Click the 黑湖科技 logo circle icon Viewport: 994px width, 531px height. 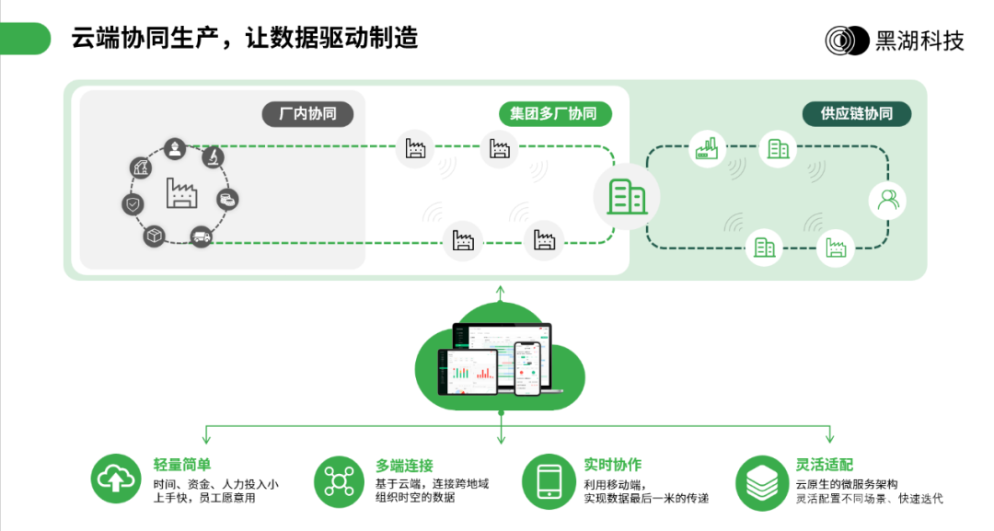tap(846, 40)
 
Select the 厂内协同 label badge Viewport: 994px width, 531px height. tap(308, 114)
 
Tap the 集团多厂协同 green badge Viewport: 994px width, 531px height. tap(553, 114)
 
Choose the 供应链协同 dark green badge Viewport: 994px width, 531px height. tap(856, 114)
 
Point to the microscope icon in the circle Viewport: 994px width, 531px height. tap(213, 157)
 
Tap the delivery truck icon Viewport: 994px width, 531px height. tap(201, 237)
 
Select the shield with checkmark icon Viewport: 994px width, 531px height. tap(133, 204)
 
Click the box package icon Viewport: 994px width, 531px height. tap(154, 236)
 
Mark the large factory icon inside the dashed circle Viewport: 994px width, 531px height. tap(180, 192)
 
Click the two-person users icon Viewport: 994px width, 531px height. tap(887, 200)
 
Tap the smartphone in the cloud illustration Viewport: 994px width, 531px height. tap(526, 368)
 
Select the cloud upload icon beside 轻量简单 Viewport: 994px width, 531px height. tap(115, 479)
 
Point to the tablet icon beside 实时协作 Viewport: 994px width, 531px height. tap(548, 480)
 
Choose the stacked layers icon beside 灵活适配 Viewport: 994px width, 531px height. tap(760, 480)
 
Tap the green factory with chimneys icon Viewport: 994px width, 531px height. tap(706, 149)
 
